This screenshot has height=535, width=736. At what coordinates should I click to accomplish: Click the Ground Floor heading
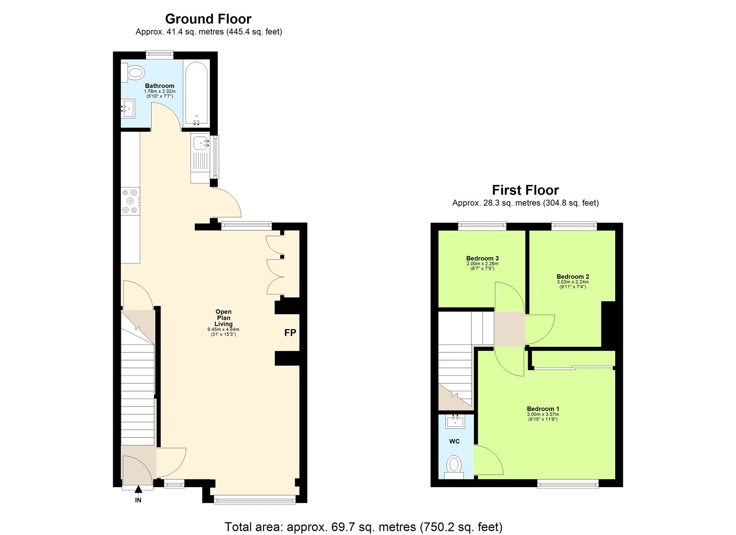pyautogui.click(x=208, y=19)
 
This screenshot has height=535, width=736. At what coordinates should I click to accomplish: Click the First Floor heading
pyautogui.click(x=525, y=190)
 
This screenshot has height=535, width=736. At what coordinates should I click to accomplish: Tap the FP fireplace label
pyautogui.click(x=290, y=333)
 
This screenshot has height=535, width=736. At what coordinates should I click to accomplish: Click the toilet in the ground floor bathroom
pyautogui.click(x=134, y=72)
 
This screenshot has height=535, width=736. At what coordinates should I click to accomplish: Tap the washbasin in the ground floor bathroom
pyautogui.click(x=128, y=109)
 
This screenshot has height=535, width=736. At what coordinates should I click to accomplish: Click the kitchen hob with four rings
pyautogui.click(x=130, y=201)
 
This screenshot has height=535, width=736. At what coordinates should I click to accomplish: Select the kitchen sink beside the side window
pyautogui.click(x=201, y=144)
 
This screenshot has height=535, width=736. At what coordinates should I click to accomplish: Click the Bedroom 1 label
pyautogui.click(x=543, y=408)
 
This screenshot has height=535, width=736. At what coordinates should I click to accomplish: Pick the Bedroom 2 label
pyautogui.click(x=572, y=276)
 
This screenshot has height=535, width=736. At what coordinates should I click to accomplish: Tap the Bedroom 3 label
pyautogui.click(x=482, y=258)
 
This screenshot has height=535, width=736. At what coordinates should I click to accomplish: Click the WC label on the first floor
pyautogui.click(x=454, y=441)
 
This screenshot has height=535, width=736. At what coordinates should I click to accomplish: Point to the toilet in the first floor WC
pyautogui.click(x=454, y=465)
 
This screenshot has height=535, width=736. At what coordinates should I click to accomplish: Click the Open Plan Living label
pyautogui.click(x=224, y=317)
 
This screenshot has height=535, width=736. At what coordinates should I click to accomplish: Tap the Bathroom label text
pyautogui.click(x=160, y=86)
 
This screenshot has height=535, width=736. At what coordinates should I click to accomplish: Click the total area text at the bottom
pyautogui.click(x=363, y=527)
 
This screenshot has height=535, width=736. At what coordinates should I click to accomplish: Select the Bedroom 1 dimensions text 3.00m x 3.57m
pyautogui.click(x=543, y=414)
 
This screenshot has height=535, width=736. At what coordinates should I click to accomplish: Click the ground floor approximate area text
pyautogui.click(x=208, y=32)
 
